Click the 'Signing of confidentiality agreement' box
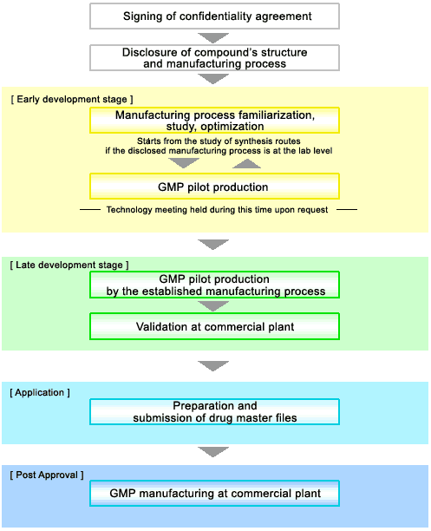pos(214,16)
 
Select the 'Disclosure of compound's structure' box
pos(214,58)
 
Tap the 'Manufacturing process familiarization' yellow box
pos(214,121)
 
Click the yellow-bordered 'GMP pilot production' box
pos(214,187)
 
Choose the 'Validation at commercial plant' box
pos(214,326)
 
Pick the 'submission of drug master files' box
pos(214,412)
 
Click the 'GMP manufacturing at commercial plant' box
pos(214,494)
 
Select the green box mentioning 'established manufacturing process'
pos(214,285)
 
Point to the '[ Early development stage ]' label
pos(72,99)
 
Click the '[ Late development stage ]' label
pos(69,265)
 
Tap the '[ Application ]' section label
pos(40,392)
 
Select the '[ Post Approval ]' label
pos(47,475)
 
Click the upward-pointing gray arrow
pos(246,164)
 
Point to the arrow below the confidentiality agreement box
pos(213,37)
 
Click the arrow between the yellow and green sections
pos(213,244)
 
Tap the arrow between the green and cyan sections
pos(213,366)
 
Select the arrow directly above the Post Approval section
pos(213,452)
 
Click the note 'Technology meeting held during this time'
pos(217,210)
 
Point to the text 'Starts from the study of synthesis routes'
pos(219,141)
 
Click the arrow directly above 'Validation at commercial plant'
pos(213,306)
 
